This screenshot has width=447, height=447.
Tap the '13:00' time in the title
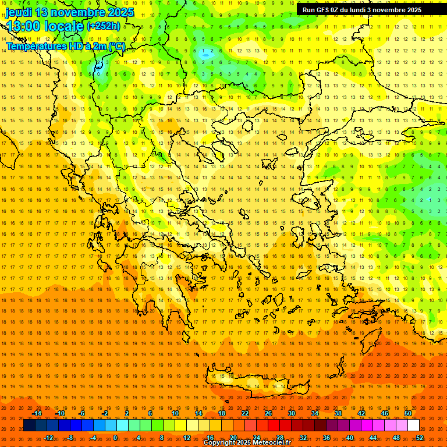click(x=24, y=26)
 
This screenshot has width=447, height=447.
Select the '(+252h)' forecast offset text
click(x=104, y=26)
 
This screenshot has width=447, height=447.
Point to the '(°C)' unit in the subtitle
click(x=115, y=47)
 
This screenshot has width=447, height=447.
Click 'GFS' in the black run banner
click(x=325, y=10)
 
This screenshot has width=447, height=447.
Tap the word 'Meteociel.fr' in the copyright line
click(x=272, y=443)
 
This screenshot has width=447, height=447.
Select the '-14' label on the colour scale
click(x=37, y=413)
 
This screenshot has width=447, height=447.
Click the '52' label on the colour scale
click(x=419, y=438)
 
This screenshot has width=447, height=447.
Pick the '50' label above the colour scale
click(x=407, y=413)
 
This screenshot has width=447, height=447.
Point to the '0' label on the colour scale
click(x=115, y=438)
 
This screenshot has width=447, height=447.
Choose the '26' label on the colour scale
click(x=268, y=413)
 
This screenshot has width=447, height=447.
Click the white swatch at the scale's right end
click(x=413, y=425)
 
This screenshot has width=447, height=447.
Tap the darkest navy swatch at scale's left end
click(x=29, y=425)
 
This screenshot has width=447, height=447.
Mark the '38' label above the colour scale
click(x=338, y=413)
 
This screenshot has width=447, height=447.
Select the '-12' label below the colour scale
click(x=48, y=438)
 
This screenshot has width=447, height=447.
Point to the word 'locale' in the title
click(x=65, y=26)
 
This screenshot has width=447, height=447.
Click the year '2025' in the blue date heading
click(x=120, y=12)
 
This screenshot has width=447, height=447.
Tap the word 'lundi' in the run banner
click(x=368, y=10)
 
